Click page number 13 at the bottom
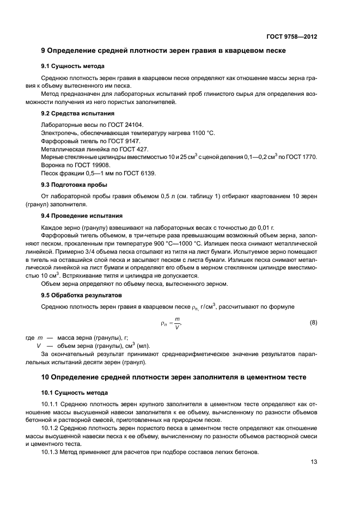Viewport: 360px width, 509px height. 314,462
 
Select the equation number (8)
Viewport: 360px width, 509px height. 313,323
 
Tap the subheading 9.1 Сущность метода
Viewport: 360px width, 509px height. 68,66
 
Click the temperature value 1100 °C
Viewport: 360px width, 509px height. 204,133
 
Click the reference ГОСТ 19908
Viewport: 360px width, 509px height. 95,165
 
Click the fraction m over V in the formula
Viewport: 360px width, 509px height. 177,323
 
